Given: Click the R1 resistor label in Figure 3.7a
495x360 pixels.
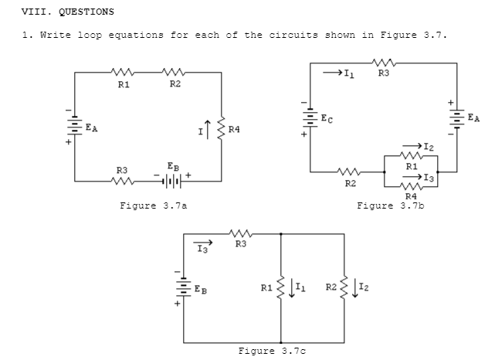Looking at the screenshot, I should coord(123,84).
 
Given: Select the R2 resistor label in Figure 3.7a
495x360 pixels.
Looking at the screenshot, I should coord(175,84).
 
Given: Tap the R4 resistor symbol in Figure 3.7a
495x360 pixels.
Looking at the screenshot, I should coord(222,127).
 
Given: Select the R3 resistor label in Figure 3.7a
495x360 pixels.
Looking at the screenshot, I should coord(122,169).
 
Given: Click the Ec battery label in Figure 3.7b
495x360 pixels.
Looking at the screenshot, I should coord(329,120).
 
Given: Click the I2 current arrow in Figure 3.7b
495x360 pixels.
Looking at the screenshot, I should coord(423,144).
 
